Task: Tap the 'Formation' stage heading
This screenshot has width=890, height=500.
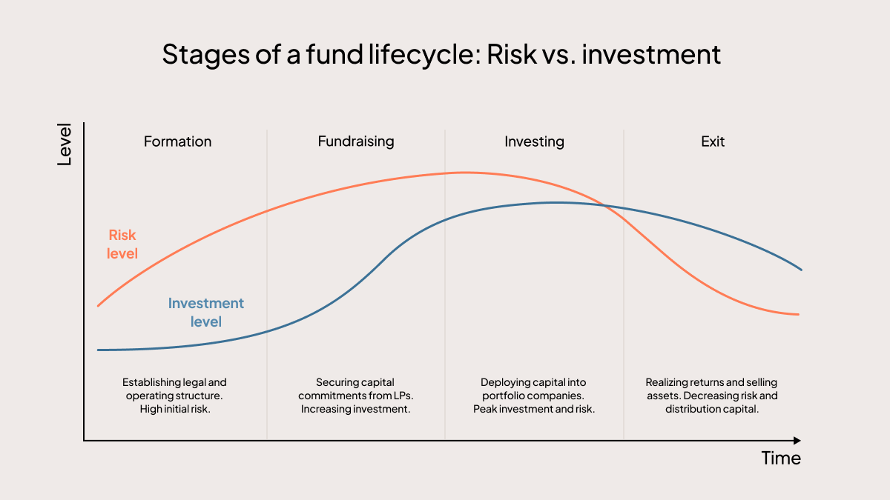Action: click(177, 141)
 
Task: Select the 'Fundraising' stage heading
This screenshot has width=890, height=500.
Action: click(356, 141)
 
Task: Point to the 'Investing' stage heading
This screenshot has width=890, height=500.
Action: click(534, 141)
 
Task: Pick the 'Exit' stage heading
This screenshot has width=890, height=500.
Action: click(713, 141)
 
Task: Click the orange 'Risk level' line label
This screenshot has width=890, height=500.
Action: click(122, 244)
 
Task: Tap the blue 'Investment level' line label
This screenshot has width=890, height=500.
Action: click(206, 313)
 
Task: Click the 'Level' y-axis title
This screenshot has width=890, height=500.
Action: click(65, 144)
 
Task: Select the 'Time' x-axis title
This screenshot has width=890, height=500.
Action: click(781, 459)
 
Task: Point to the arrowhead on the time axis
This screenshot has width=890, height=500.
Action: click(797, 441)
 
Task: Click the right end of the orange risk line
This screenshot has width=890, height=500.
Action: click(798, 314)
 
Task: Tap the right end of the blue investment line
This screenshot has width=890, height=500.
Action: click(801, 269)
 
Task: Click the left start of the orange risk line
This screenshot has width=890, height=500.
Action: click(98, 305)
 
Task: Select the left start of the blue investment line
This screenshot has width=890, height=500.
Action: click(98, 350)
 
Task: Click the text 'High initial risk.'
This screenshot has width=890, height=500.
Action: click(175, 409)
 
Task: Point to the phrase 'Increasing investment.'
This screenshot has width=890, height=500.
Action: click(355, 409)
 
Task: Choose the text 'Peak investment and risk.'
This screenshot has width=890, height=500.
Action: click(534, 409)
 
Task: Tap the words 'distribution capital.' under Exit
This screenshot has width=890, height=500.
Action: click(712, 409)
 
